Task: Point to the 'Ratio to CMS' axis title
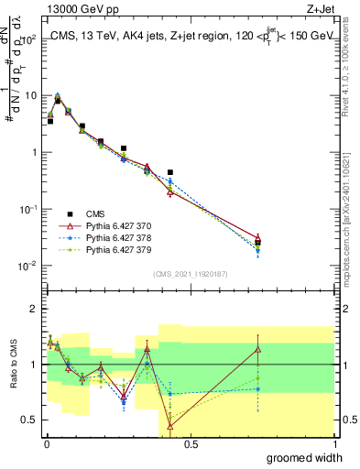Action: pyautogui.click(x=12, y=379)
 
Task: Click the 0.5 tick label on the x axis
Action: pyautogui.click(x=190, y=443)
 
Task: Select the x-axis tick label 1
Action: pyautogui.click(x=335, y=443)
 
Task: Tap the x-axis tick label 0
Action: pyautogui.click(x=46, y=443)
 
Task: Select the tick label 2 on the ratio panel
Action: pyautogui.click(x=34, y=309)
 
